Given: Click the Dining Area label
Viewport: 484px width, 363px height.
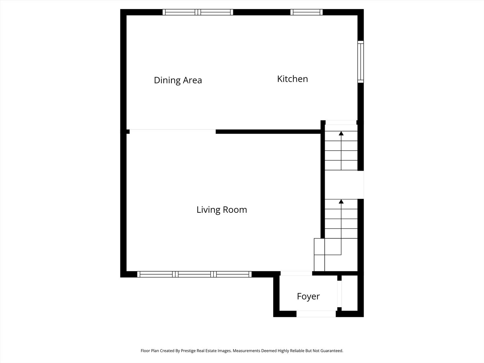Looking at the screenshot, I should tap(178, 80).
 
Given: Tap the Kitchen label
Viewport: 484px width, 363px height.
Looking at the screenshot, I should tap(292, 79).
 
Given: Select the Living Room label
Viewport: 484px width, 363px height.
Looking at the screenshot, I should tap(221, 210).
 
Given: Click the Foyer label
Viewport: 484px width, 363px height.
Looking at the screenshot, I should tap(308, 296).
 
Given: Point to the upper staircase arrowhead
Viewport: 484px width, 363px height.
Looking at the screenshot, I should tap(341, 133).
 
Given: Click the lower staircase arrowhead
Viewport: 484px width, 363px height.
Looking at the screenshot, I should tap(341, 201).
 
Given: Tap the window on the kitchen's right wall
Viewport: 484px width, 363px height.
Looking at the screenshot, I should tap(360, 62).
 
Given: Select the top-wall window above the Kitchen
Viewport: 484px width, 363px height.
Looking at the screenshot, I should tap(306, 12).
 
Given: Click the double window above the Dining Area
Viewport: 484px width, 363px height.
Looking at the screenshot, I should tap(198, 12).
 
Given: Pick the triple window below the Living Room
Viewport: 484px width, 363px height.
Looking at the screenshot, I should tap(194, 274).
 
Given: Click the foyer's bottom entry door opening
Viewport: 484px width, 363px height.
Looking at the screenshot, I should tap(316, 314).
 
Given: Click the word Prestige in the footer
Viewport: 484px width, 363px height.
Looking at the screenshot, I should tap(189, 351).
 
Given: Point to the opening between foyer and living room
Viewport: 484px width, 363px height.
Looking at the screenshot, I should tap(296, 273).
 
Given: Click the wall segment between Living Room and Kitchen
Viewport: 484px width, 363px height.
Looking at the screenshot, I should tap(268, 132).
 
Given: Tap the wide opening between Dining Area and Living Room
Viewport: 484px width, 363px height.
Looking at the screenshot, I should tap(172, 131).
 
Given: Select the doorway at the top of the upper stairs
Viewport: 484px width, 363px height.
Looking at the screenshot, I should tap(341, 122).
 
